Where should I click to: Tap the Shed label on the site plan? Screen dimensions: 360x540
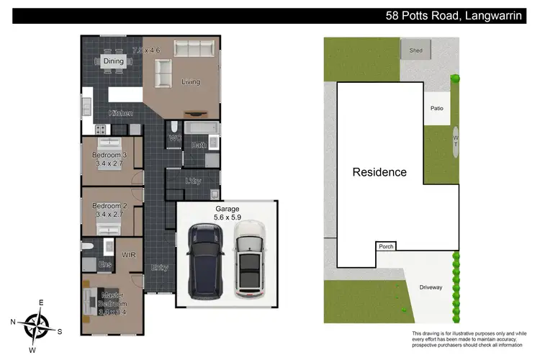point(416,50)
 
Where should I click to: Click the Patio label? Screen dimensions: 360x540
point(437,109)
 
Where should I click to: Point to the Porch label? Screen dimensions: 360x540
point(386,246)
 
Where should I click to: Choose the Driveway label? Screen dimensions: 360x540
point(431,287)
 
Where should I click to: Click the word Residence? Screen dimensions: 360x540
point(379,172)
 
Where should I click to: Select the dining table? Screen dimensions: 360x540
point(114,62)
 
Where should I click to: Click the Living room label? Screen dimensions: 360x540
point(191,82)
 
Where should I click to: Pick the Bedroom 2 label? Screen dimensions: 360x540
point(110,207)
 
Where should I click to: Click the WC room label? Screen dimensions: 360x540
point(174,138)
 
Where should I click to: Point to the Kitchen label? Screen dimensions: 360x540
point(120,114)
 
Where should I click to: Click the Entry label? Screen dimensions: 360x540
point(159,268)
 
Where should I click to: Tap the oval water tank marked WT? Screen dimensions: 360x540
point(456,140)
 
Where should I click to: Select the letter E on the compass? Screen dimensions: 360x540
point(41,303)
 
